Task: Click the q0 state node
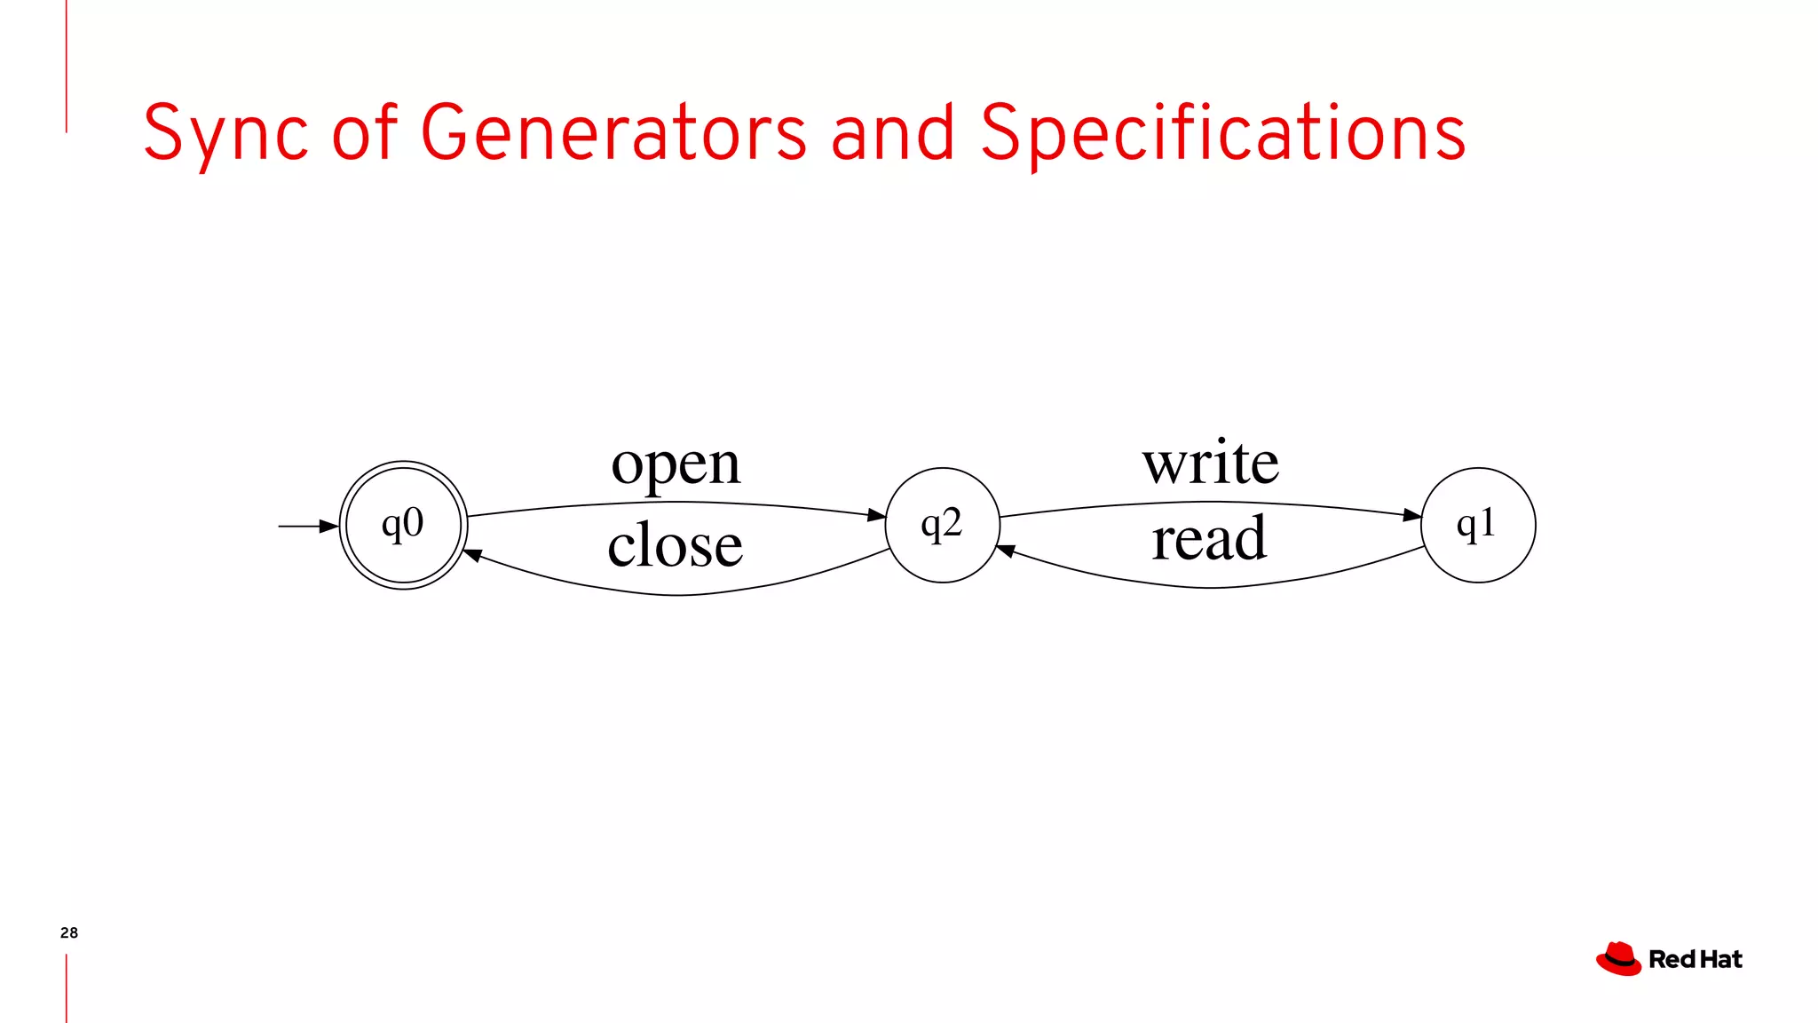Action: tap(404, 525)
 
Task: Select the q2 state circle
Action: tap(942, 525)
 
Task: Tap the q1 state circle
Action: tap(1478, 525)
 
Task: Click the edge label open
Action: tap(676, 464)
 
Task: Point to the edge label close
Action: tap(675, 543)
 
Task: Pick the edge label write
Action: tap(1211, 463)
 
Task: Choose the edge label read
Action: tap(1209, 538)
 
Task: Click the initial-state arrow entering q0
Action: tap(307, 527)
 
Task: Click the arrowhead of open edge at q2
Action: tap(876, 515)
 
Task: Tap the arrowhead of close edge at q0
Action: tap(473, 555)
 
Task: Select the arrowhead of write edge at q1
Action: tap(1412, 515)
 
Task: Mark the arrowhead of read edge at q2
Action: tap(1007, 551)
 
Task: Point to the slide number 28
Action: tap(69, 932)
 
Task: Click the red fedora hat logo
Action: tap(1618, 959)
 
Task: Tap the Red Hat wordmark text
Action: tap(1695, 959)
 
